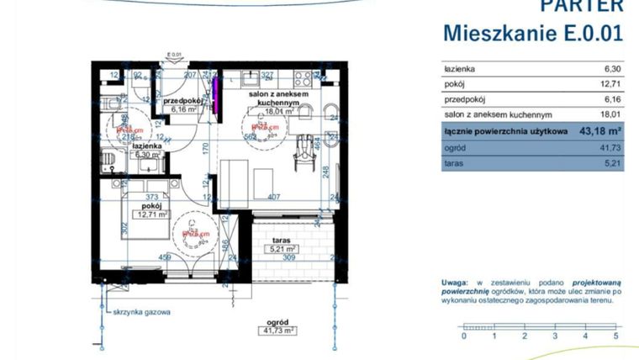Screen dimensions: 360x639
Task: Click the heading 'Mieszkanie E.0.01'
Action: click(533, 33)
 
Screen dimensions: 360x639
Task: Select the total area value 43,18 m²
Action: click(598, 131)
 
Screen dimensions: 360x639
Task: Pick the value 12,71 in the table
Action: click(609, 84)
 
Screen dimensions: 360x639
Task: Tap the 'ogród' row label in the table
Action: click(455, 147)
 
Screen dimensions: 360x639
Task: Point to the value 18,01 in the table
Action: click(609, 115)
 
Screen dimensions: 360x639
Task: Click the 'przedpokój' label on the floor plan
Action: click(182, 100)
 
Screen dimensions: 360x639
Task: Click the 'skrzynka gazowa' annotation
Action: click(143, 311)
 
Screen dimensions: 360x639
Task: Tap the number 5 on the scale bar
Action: click(615, 336)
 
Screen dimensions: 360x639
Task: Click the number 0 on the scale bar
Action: click(462, 336)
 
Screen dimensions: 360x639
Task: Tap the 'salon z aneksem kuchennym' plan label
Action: click(277, 95)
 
